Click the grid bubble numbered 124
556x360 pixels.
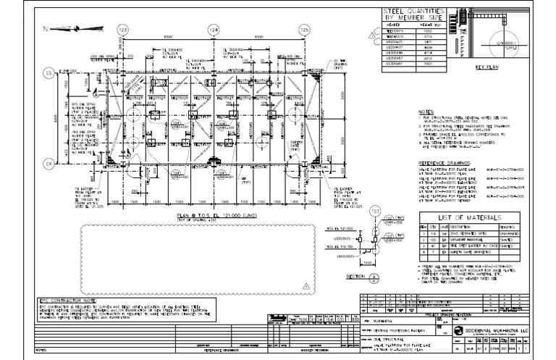(x=214, y=29)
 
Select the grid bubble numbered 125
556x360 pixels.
(x=304, y=29)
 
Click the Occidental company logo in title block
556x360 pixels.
(x=459, y=329)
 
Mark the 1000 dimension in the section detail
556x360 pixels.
(x=368, y=262)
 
